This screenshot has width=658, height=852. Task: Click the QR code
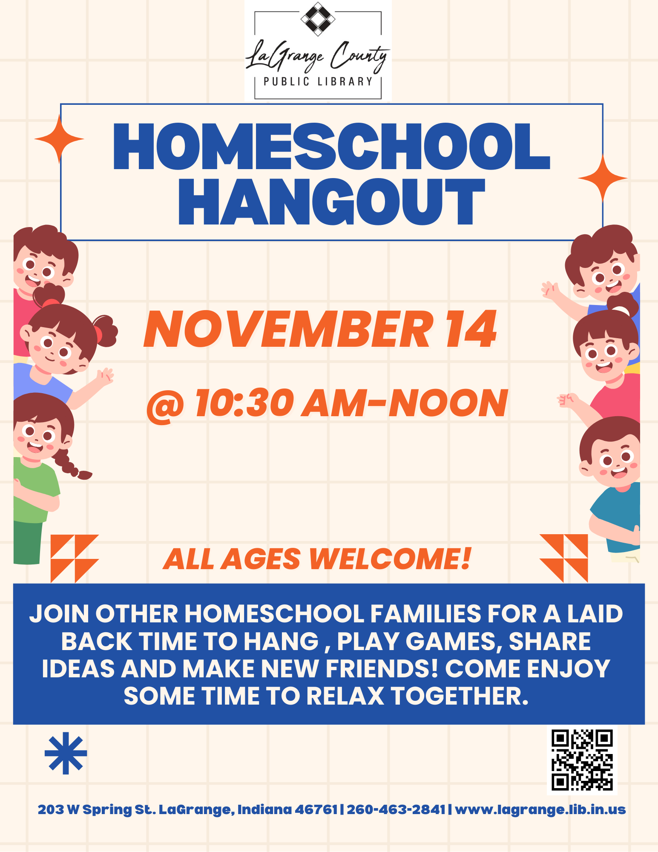(x=582, y=760)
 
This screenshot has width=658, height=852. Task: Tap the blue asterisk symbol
(x=66, y=753)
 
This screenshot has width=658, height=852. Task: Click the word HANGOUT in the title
(x=332, y=201)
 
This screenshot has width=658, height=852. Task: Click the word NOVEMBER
(x=288, y=329)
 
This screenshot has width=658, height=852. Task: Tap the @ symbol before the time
(x=165, y=405)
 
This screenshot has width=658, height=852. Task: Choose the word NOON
(x=448, y=403)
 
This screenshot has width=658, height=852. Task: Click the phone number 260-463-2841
(x=396, y=809)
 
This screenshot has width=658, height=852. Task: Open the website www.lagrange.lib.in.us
(x=540, y=809)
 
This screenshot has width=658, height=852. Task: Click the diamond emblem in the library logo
(x=318, y=19)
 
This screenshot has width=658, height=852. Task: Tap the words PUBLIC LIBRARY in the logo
(x=318, y=81)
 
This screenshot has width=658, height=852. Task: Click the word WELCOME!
(x=390, y=559)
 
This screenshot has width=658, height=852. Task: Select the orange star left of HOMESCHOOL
(x=59, y=139)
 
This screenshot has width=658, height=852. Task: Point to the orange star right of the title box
(x=602, y=178)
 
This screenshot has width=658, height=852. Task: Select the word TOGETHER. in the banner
(x=460, y=696)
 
